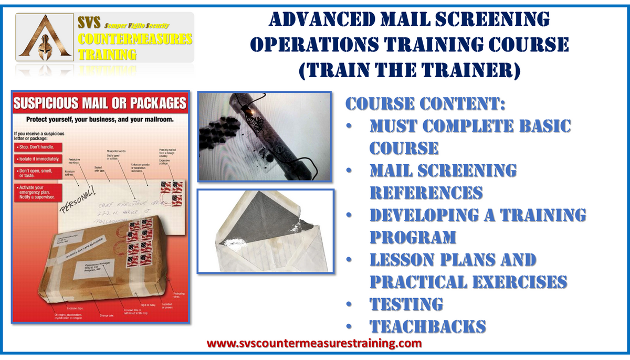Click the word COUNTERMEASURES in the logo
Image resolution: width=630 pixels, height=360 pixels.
pos(135,39)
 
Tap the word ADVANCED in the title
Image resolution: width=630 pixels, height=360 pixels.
pos(323,20)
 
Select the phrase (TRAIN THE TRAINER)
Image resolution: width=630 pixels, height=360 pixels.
pos(409,68)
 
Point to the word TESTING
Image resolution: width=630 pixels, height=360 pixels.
pos(406,304)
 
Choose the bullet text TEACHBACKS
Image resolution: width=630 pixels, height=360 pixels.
pos(427,326)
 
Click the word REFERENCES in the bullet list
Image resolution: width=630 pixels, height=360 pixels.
pos(426,192)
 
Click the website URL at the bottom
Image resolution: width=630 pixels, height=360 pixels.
pos(314,344)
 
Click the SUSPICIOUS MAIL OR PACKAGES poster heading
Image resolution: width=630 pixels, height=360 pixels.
pos(100,102)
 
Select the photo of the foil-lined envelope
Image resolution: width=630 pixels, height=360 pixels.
pos(265,231)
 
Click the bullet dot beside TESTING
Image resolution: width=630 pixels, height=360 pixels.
pos(349,304)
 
